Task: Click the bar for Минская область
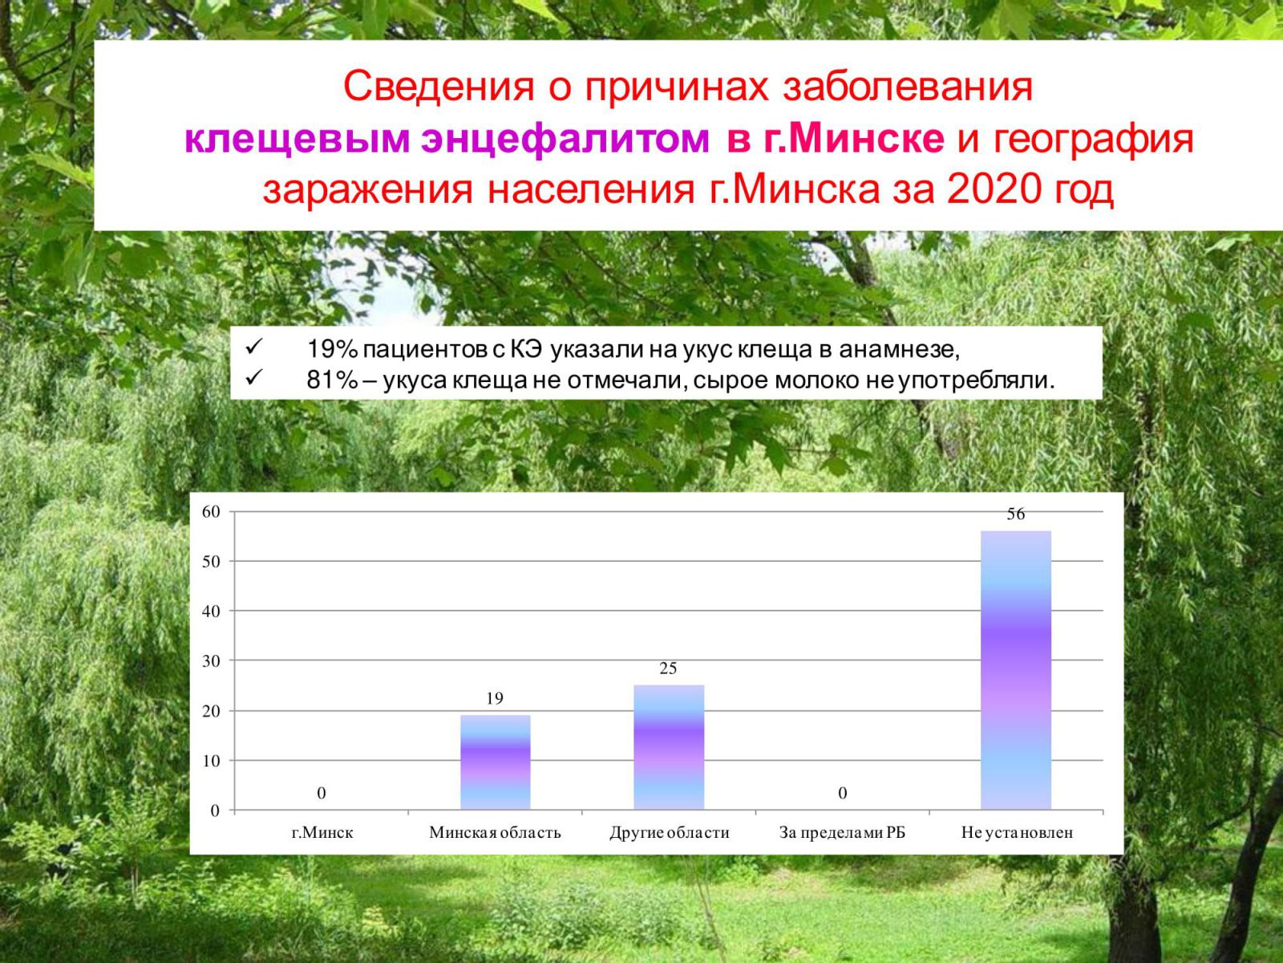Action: pyautogui.click(x=495, y=762)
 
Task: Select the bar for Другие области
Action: pyautogui.click(x=669, y=747)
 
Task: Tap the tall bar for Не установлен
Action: pyautogui.click(x=1016, y=670)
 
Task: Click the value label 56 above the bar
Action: pyautogui.click(x=1016, y=514)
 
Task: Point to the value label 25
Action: pyautogui.click(x=668, y=668)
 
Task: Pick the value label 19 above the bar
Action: pyautogui.click(x=495, y=698)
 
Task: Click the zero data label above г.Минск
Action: pyautogui.click(x=322, y=793)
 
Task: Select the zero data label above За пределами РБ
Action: pyautogui.click(x=842, y=793)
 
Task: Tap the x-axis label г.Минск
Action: pyautogui.click(x=322, y=833)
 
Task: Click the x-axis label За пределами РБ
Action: pyautogui.click(x=842, y=833)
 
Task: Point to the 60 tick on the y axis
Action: pyautogui.click(x=211, y=512)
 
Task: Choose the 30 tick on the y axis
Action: pyautogui.click(x=211, y=660)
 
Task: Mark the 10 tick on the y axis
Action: pyautogui.click(x=211, y=761)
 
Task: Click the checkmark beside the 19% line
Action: pyautogui.click(x=254, y=347)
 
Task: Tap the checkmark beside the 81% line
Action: pyautogui.click(x=254, y=378)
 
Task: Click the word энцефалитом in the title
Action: pyautogui.click(x=565, y=140)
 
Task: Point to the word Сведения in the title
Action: pyautogui.click(x=439, y=87)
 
